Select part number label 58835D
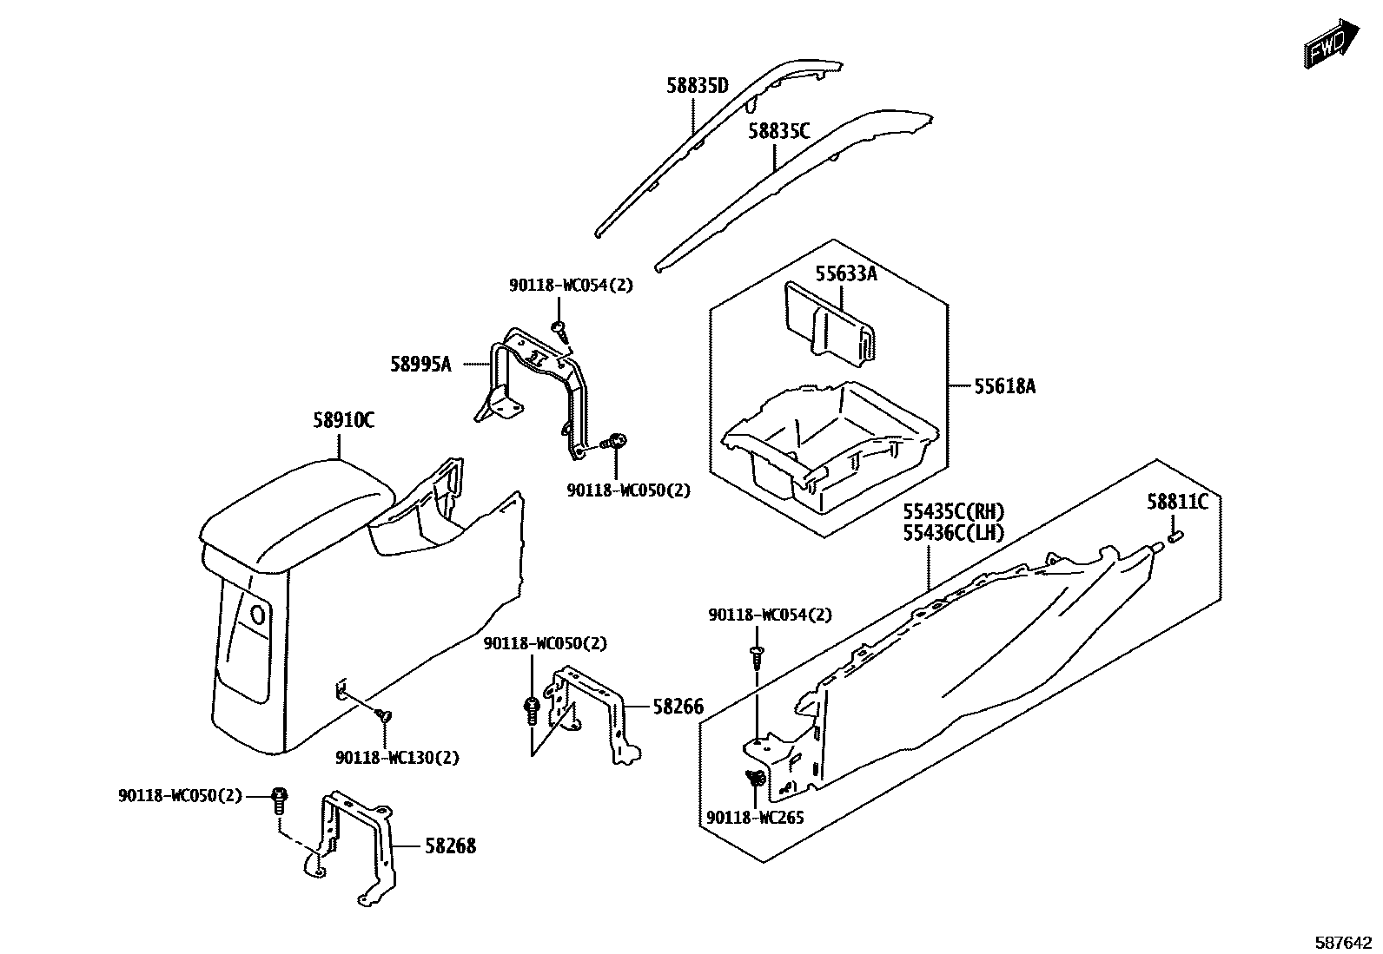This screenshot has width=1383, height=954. pos(697,85)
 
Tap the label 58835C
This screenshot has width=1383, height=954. pos(778,131)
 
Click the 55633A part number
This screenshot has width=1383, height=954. pos(845,274)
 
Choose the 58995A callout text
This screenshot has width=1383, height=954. pos(420,365)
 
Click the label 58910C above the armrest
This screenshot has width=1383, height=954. pos(343,421)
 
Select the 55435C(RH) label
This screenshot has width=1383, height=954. pos(953,512)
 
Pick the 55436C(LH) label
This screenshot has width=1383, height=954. pos(953,532)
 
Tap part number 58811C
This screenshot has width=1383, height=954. pos(1176,502)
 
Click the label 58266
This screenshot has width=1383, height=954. pos(678,707)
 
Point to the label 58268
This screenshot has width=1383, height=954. pos(450,845)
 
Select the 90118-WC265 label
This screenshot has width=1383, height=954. pos(755,818)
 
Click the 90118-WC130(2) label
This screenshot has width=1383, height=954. pos(397,758)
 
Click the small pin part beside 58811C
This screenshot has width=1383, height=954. pos(1176,537)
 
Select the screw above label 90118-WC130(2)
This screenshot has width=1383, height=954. pos(383,714)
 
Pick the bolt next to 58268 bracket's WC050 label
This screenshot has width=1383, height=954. pos(279,799)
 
